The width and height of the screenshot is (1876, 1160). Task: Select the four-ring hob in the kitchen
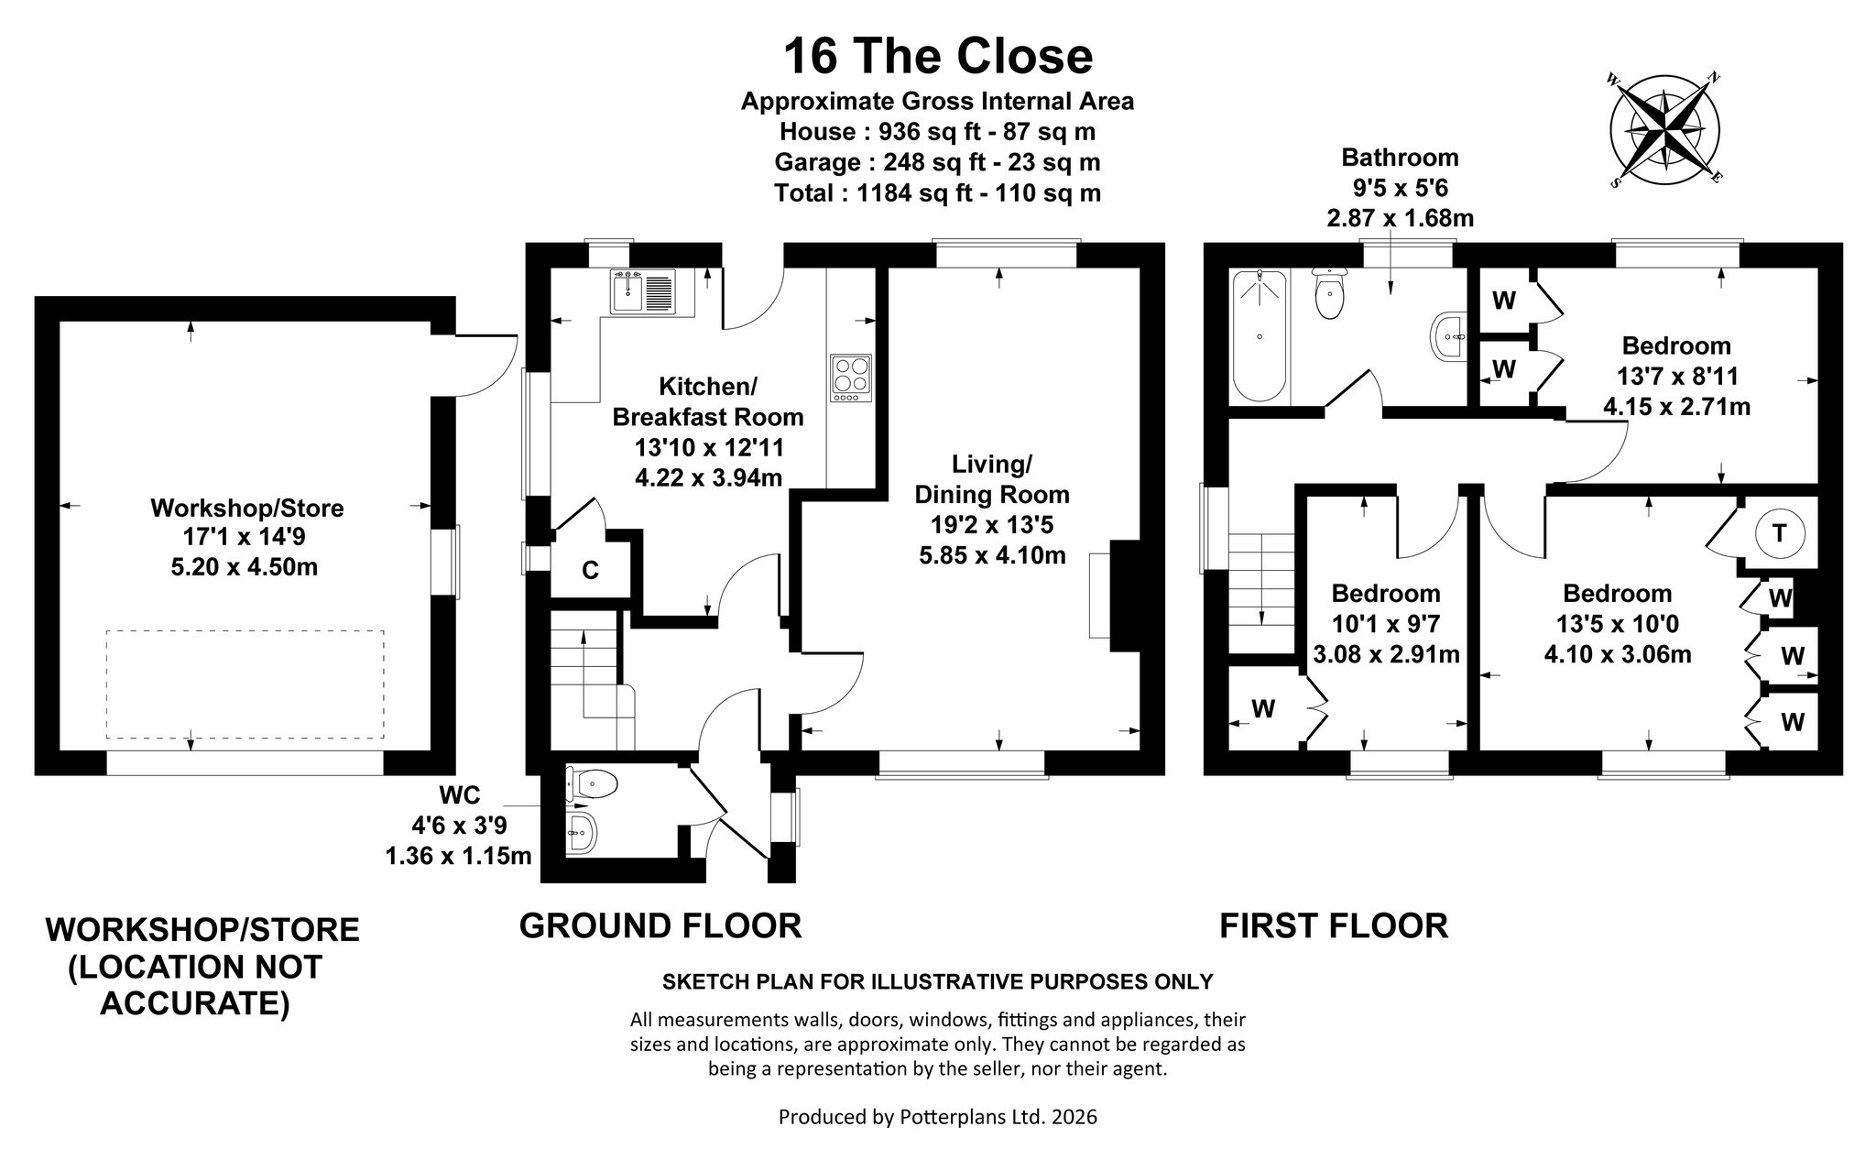(x=851, y=378)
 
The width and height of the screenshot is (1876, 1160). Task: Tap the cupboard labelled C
(x=591, y=570)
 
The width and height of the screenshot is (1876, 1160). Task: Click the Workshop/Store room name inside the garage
(x=246, y=508)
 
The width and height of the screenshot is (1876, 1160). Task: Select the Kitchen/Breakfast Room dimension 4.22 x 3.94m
(x=708, y=477)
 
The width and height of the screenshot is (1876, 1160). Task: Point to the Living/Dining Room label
(x=992, y=479)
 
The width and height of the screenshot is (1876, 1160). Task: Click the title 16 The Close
(x=938, y=56)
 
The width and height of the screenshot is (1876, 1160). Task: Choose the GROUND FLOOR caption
(x=660, y=925)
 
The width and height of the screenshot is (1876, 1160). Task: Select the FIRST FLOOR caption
(x=1334, y=925)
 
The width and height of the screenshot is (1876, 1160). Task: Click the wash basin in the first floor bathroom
(x=1448, y=337)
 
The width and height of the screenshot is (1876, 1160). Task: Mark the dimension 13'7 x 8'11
(x=1677, y=376)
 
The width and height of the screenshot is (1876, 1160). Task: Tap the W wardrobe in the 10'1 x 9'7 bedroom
(x=1263, y=708)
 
